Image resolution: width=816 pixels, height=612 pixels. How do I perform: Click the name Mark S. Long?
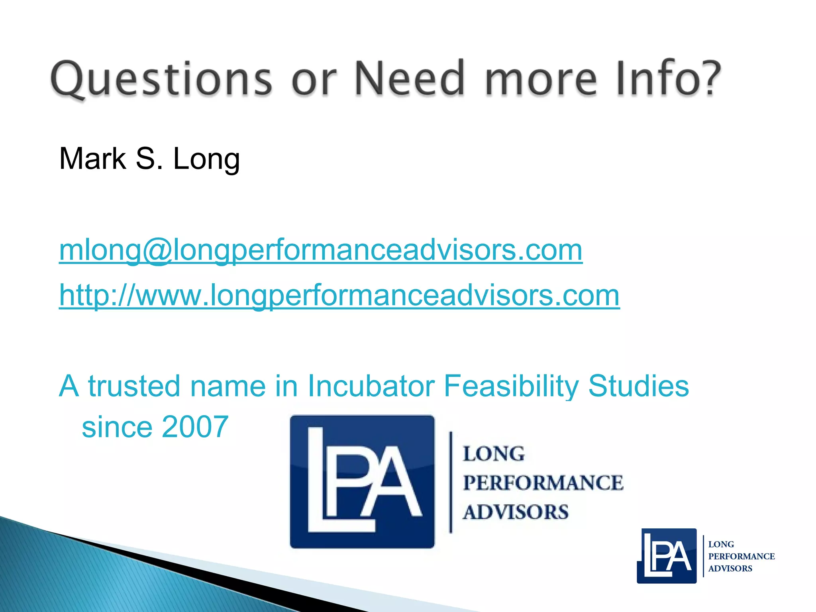[149, 159]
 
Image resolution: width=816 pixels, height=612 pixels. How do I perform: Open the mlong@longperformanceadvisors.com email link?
[321, 250]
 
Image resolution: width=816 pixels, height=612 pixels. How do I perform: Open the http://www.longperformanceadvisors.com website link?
[339, 295]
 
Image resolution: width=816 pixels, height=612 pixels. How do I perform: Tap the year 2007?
[195, 427]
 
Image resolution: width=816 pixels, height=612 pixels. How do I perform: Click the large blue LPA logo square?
[362, 481]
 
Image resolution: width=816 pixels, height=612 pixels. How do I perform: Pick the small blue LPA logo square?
[667, 556]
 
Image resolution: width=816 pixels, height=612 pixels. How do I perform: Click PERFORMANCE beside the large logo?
[543, 483]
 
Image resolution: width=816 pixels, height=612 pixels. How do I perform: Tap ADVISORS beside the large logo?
[516, 512]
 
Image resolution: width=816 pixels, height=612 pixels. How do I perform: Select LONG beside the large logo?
[494, 454]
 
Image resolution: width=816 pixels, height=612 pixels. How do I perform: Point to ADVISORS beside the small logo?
[730, 569]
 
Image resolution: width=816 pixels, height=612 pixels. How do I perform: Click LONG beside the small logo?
[721, 544]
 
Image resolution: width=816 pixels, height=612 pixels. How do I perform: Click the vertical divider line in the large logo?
[451, 482]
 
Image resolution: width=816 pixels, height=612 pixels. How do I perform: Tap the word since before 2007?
[117, 427]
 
